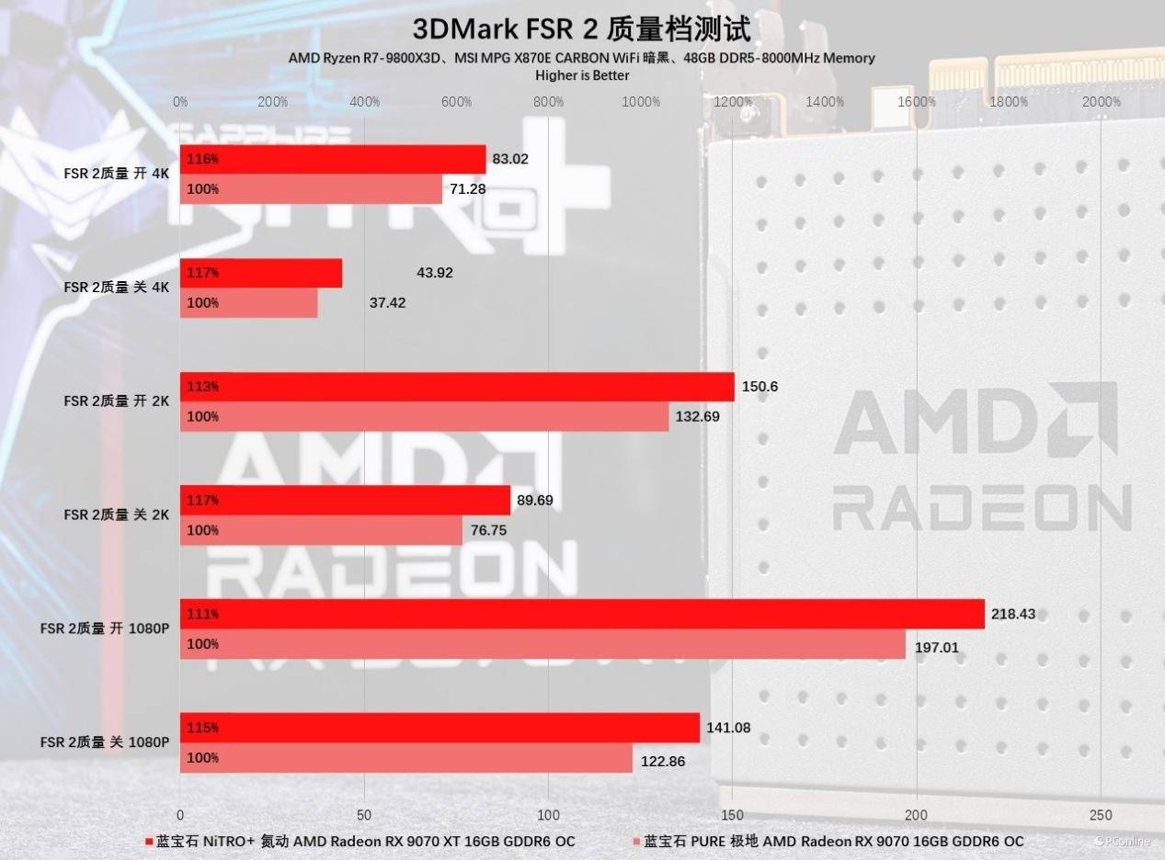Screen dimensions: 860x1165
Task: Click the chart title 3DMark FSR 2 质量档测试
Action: pyautogui.click(x=581, y=28)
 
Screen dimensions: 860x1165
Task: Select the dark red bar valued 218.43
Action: pyautogui.click(x=582, y=614)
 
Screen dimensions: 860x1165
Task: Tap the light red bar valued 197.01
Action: pyautogui.click(x=543, y=644)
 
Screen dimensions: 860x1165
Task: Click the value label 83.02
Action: pyautogui.click(x=510, y=159)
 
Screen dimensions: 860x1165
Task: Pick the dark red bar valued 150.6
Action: pyautogui.click(x=457, y=387)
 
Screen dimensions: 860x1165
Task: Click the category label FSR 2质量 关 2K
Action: pyautogui.click(x=116, y=515)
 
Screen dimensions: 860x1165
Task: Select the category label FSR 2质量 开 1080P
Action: pyautogui.click(x=104, y=628)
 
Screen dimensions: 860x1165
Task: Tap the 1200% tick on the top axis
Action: pyautogui.click(x=733, y=102)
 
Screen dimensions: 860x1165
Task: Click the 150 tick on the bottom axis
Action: pyautogui.click(x=732, y=815)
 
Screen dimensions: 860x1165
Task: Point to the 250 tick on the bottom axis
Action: pyautogui.click(x=1100, y=815)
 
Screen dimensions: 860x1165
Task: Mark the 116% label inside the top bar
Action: pyautogui.click(x=202, y=159)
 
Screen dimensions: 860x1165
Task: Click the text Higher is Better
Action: pyautogui.click(x=582, y=75)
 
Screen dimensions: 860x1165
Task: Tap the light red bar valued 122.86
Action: pyautogui.click(x=406, y=758)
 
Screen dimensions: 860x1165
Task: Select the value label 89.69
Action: pyautogui.click(x=535, y=501)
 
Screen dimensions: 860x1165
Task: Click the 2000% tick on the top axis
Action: pyautogui.click(x=1101, y=102)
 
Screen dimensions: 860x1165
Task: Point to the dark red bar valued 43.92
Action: pyautogui.click(x=261, y=273)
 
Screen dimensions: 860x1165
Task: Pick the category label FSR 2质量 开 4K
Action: pyautogui.click(x=116, y=174)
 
